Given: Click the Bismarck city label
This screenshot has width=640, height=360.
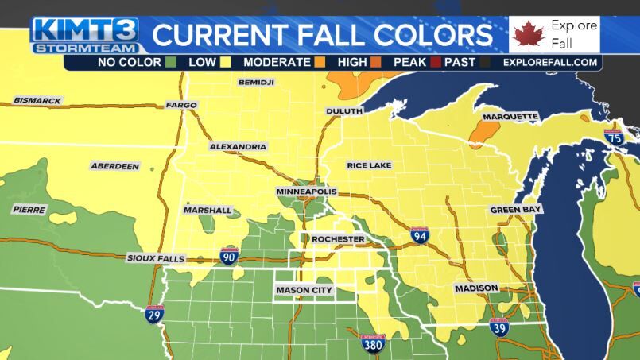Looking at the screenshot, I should click(x=37, y=101).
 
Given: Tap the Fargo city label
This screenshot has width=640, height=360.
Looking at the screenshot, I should click(x=180, y=105).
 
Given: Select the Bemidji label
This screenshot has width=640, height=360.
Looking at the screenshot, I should click(x=256, y=82).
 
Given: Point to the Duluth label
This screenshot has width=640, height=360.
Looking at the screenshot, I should click(x=343, y=111).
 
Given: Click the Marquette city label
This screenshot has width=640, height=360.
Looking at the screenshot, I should click(x=510, y=116).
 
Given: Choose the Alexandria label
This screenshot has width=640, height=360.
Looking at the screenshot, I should click(x=238, y=147).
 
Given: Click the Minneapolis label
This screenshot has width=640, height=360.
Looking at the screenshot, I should click(x=306, y=192).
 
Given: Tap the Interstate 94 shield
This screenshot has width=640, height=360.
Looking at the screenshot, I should click(x=420, y=235).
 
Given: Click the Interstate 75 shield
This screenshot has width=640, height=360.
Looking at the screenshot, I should click(x=612, y=137).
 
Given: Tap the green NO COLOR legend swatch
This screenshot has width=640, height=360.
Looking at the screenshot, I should click(x=172, y=62).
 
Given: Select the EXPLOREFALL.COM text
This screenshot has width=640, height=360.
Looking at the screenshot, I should click(x=549, y=62).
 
